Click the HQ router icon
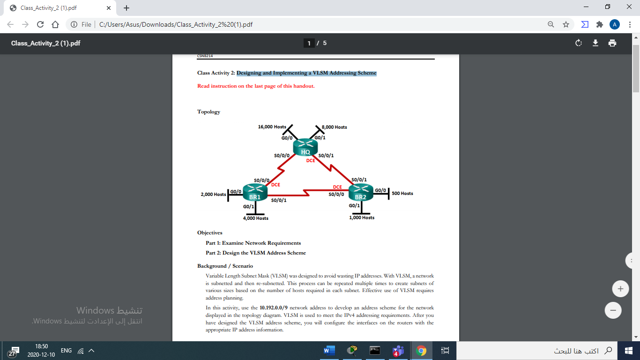[305, 147]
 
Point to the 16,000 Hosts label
[272, 127]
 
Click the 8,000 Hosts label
[334, 127]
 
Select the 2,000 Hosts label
[213, 194]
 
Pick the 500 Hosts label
[402, 193]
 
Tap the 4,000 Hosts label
[255, 218]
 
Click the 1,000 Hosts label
[362, 217]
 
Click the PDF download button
[595, 43]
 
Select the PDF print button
[612, 43]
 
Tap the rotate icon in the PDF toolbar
[579, 43]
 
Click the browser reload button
[40, 24]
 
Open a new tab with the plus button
[126, 8]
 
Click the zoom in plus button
[620, 289]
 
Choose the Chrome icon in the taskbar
[421, 351]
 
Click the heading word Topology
[208, 112]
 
